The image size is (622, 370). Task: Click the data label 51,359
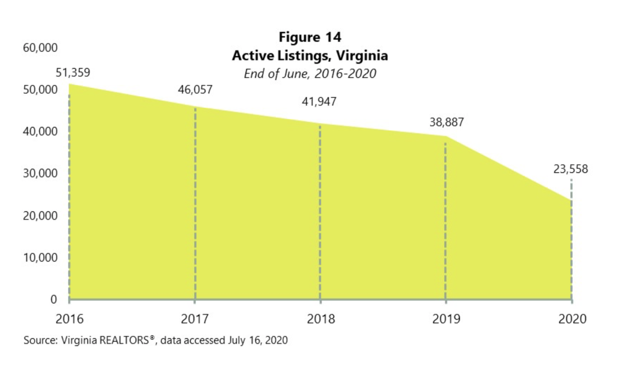(73, 73)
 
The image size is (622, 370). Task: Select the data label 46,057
(195, 90)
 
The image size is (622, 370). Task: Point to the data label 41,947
(319, 102)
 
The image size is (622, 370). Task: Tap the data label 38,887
(446, 122)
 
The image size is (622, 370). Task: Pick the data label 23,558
(570, 169)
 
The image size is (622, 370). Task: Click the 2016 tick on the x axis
(70, 319)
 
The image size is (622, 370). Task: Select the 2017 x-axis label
(195, 319)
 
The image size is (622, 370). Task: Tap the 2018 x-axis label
(321, 319)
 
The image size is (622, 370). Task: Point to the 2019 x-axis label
(446, 319)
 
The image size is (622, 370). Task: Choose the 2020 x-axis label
(572, 319)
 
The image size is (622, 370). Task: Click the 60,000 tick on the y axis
(40, 48)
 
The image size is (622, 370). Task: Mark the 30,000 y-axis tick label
(40, 173)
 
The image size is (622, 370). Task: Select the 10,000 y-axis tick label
(40, 258)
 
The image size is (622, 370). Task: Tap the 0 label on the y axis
(54, 299)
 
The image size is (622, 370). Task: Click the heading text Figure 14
(310, 37)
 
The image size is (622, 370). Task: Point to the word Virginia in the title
(362, 55)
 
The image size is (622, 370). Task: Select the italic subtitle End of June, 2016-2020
(310, 74)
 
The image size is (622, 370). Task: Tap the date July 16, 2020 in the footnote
(257, 341)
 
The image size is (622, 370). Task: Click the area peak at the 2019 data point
(446, 137)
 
